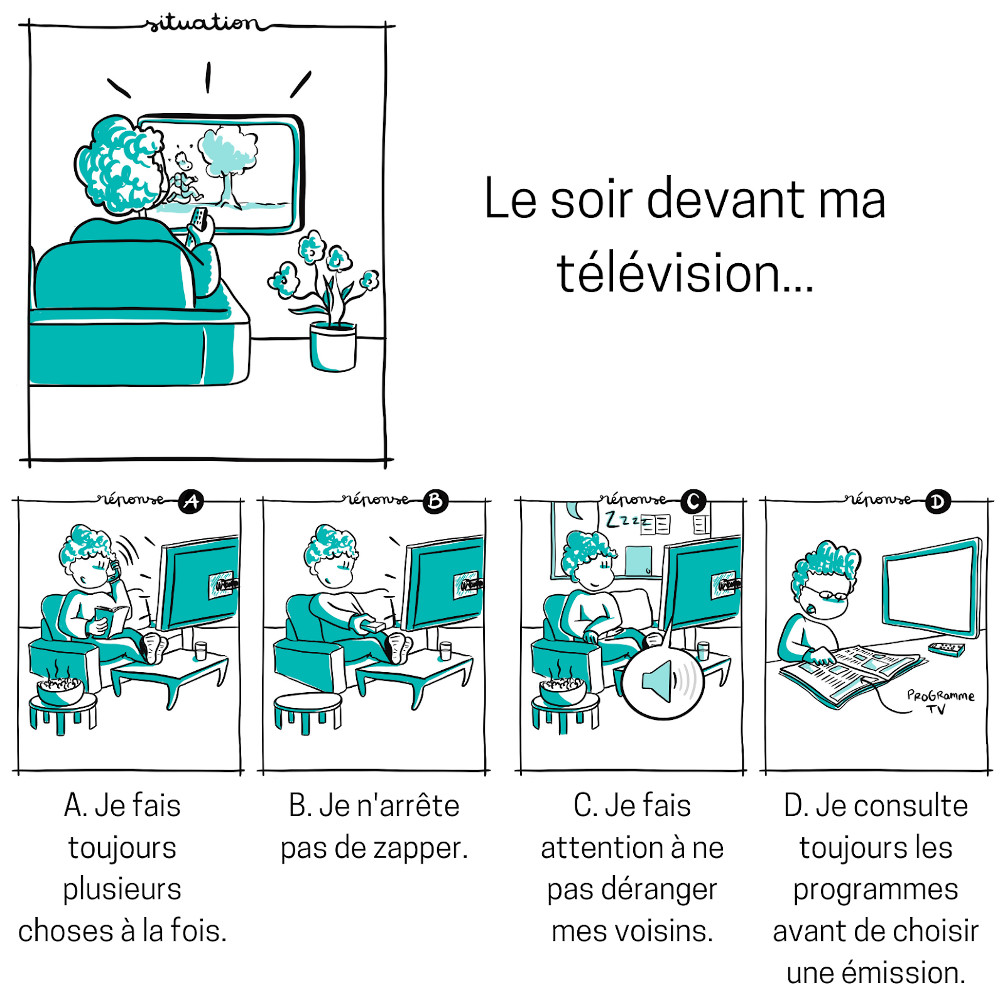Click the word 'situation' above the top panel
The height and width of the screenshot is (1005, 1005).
click(202, 24)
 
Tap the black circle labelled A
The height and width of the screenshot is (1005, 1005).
click(191, 501)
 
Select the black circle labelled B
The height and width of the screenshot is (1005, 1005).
click(435, 501)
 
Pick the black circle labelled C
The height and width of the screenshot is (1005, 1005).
click(693, 501)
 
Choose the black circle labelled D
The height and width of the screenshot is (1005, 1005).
click(938, 502)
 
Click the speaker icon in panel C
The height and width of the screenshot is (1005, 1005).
click(660, 682)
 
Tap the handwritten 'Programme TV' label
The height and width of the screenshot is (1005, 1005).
click(940, 701)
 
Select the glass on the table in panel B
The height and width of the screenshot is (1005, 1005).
click(445, 651)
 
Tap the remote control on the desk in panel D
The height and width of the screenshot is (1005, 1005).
click(946, 648)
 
